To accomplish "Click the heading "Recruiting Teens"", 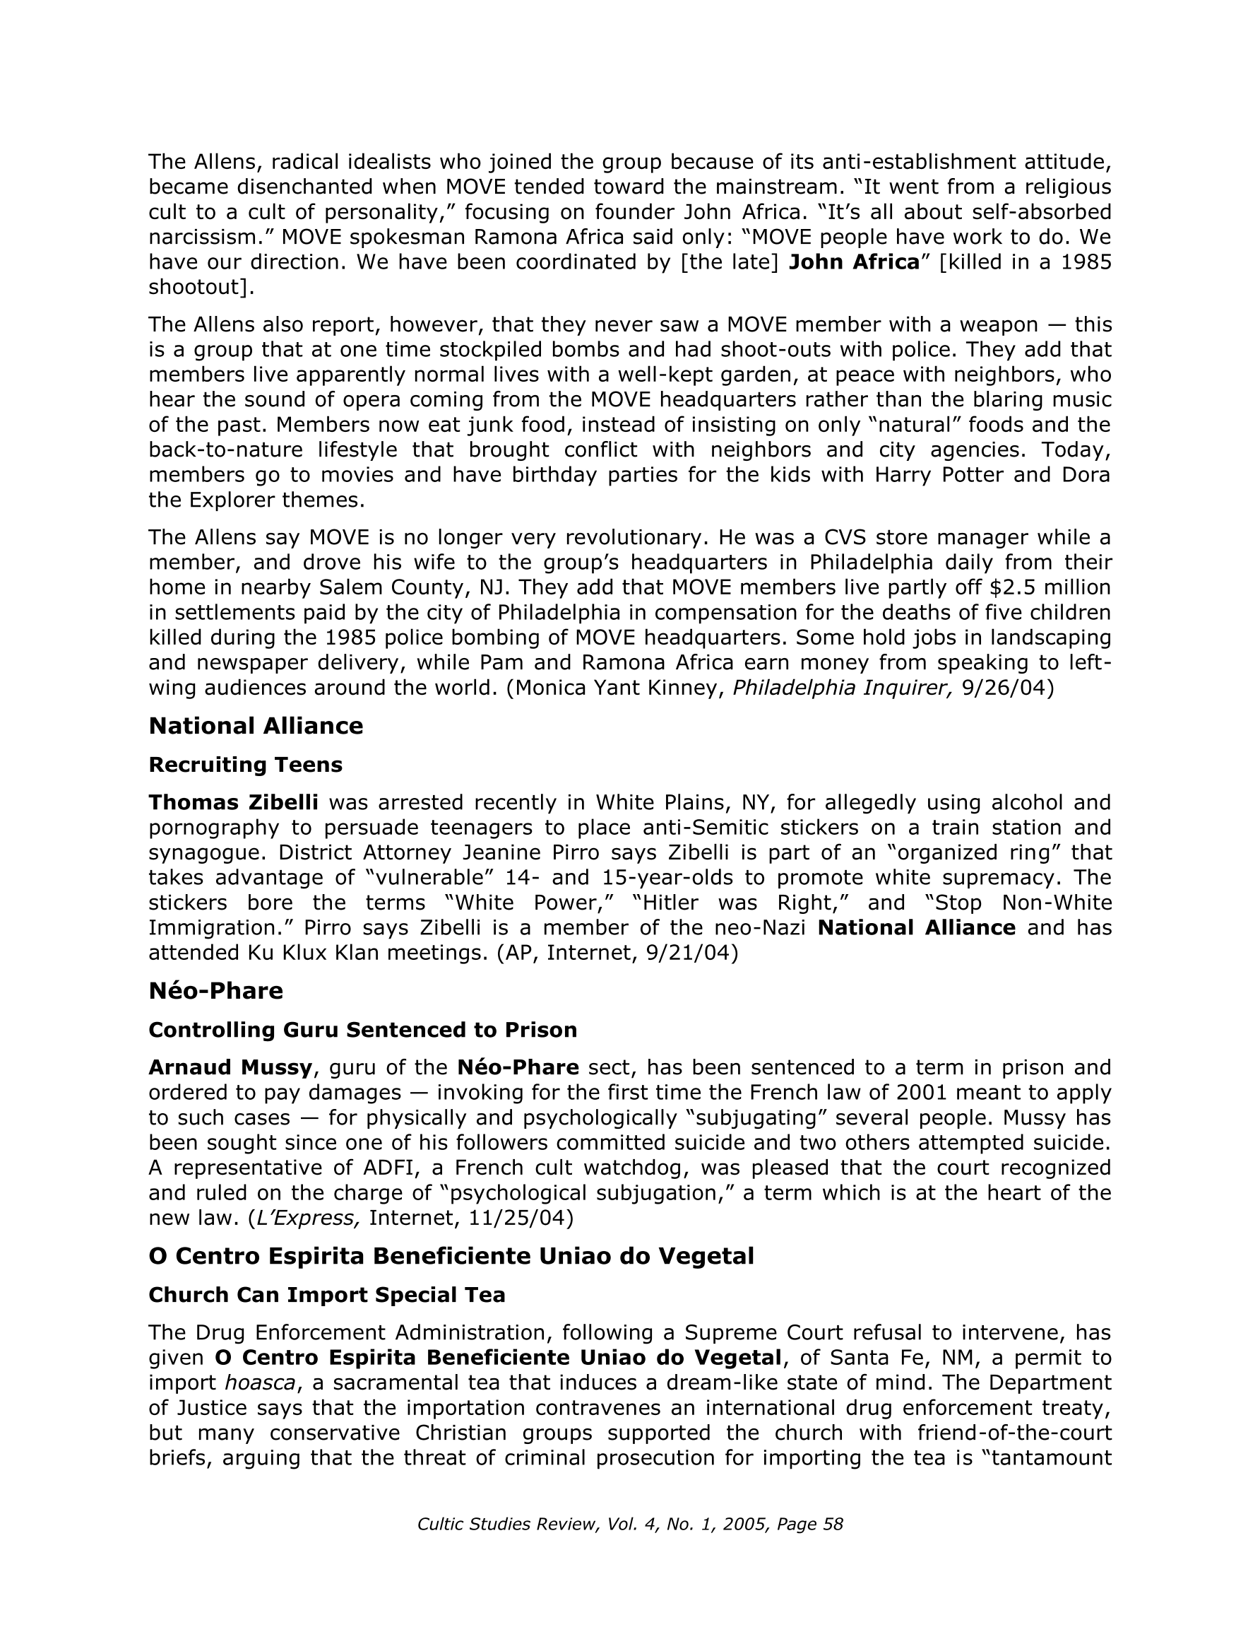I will tap(245, 765).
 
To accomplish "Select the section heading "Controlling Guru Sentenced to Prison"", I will tap(362, 1030).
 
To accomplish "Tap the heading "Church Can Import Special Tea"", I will tap(326, 1294).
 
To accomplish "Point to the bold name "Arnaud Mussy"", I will tap(230, 1067).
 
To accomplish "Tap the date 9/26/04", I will tap(1006, 688).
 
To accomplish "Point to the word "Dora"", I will tap(1087, 475).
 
